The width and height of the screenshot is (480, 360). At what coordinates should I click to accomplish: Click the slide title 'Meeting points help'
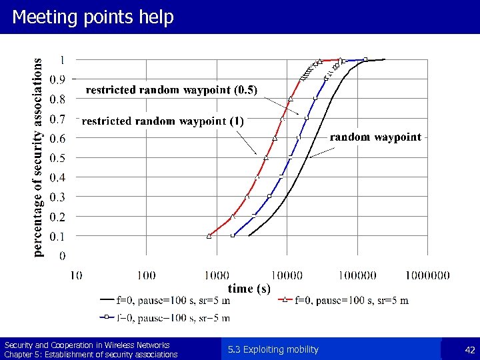93,17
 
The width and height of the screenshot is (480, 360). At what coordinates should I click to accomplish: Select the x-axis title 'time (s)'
249,289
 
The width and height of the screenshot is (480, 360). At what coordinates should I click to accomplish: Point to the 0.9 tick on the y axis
59,79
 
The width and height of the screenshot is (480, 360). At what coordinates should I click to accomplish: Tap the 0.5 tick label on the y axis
59,158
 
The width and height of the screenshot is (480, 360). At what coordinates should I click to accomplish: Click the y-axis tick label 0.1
59,236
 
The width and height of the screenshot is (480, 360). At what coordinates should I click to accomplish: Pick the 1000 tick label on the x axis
217,275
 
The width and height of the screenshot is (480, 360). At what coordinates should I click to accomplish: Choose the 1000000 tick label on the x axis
427,275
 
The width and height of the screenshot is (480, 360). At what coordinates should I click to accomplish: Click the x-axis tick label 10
75,275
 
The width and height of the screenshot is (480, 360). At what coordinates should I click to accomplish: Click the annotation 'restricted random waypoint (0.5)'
171,89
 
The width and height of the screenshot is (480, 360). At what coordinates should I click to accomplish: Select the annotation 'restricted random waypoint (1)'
163,121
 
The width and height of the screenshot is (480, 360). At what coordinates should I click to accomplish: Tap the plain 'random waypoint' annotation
375,137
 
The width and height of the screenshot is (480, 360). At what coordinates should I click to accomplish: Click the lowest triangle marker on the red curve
209,235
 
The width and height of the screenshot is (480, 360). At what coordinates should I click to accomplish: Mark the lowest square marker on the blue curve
233,235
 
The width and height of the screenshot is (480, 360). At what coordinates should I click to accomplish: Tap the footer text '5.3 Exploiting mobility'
273,349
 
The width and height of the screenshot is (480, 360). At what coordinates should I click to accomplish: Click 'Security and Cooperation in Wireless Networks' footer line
87,345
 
